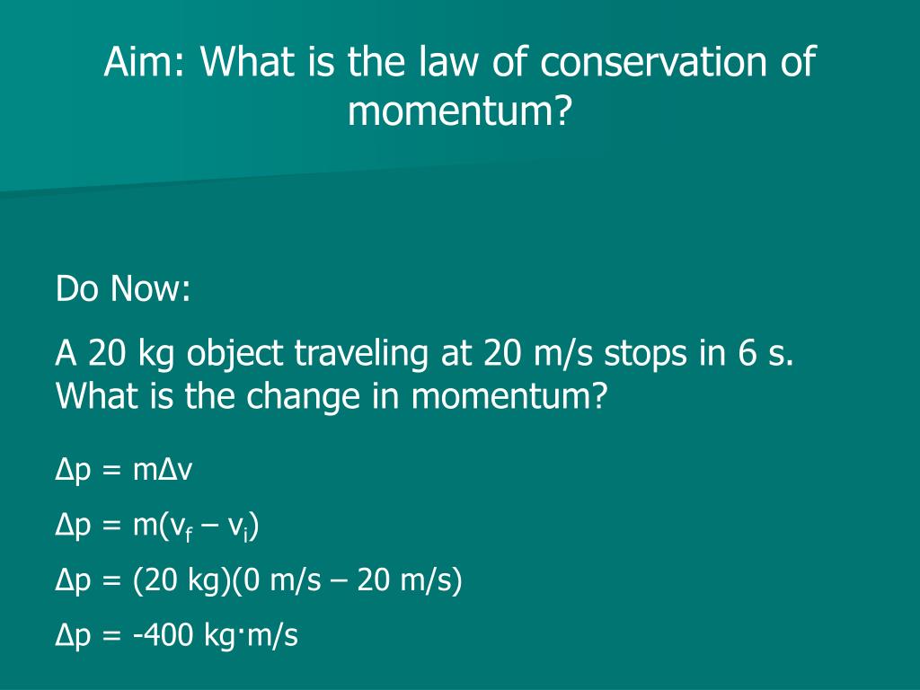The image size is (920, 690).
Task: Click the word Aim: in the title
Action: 145,63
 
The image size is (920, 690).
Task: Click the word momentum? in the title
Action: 459,112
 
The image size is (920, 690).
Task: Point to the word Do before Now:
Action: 77,290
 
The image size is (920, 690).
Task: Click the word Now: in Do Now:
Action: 150,290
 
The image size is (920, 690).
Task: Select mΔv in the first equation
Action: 163,470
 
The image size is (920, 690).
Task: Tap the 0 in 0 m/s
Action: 250,581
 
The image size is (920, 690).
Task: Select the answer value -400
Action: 164,635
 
